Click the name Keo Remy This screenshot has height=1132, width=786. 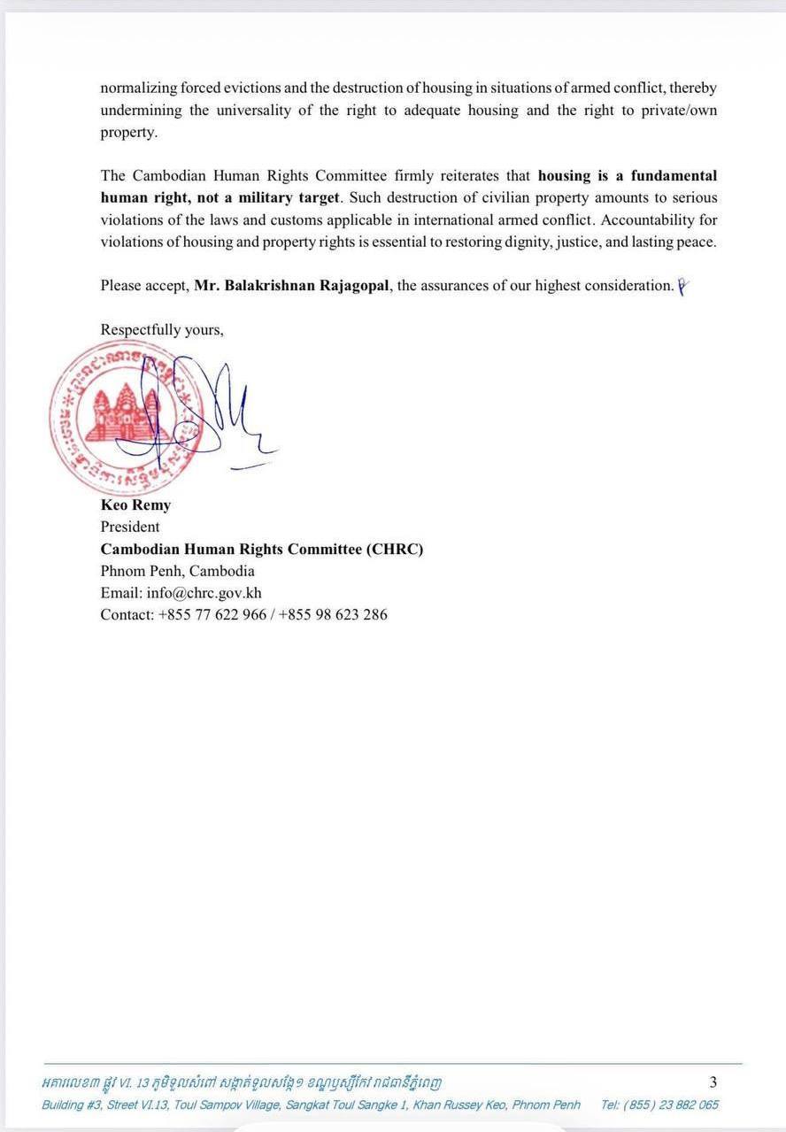point(135,505)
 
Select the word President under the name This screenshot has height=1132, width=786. point(130,527)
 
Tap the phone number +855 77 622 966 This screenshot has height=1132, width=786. point(212,614)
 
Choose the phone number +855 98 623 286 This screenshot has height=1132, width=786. point(333,614)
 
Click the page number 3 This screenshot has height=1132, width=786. point(713,1082)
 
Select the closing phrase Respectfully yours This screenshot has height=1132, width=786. point(162,329)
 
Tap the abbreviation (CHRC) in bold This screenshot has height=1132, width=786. point(395,549)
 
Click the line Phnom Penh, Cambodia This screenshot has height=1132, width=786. point(177,571)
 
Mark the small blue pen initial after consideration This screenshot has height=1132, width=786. point(682,285)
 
